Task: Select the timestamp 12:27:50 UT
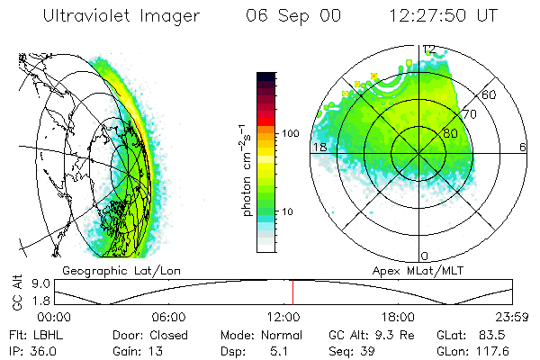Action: (x=439, y=17)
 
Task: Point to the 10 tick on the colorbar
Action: (x=291, y=211)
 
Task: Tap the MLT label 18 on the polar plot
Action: (x=318, y=147)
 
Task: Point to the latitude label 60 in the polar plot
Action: (x=490, y=94)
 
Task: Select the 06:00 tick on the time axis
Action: (x=169, y=317)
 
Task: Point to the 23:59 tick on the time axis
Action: (x=513, y=317)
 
